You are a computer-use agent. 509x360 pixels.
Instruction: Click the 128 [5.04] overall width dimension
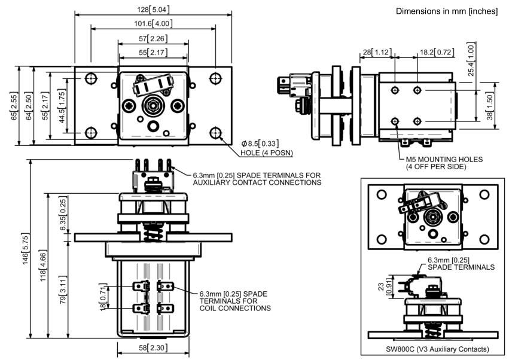point(153,10)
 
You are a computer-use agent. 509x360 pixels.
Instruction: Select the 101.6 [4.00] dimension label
point(153,23)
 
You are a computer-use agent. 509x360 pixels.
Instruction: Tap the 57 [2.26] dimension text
point(153,39)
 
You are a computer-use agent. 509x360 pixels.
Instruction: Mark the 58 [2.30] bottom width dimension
point(154,347)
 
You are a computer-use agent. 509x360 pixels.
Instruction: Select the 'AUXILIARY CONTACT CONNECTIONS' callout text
point(257,182)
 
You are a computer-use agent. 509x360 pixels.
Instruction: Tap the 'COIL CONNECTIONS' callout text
point(235,308)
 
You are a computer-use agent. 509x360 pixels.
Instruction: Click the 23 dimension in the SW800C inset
point(382,286)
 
